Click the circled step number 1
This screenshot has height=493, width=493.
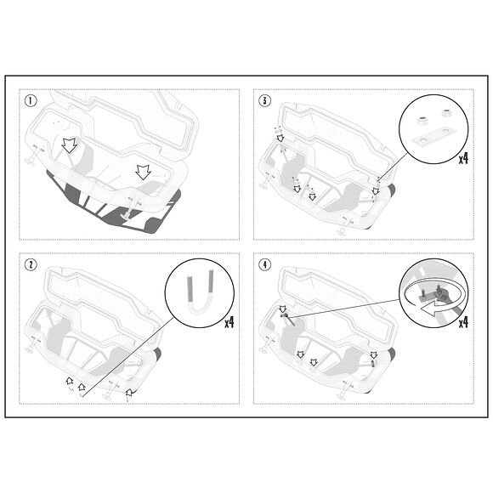[x=31, y=102]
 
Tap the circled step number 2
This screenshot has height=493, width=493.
[x=31, y=264]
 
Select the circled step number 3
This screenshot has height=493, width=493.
[x=265, y=102]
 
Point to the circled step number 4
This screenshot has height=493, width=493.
[x=265, y=264]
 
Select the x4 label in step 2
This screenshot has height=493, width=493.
[x=229, y=323]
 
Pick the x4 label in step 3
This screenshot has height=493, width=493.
[x=464, y=158]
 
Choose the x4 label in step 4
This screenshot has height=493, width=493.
[x=464, y=323]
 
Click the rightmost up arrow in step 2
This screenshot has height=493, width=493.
[x=128, y=393]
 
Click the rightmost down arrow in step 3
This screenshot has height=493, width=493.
[x=375, y=191]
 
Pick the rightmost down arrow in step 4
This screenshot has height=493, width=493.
[x=371, y=354]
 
